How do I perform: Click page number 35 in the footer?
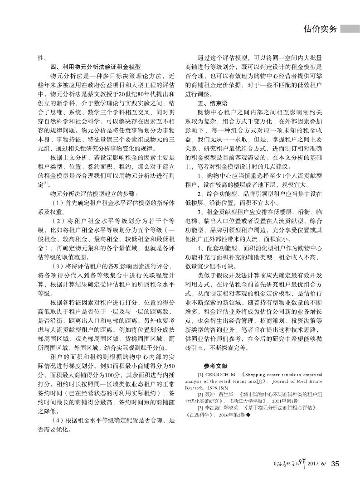pyautogui.click(x=335, y=464)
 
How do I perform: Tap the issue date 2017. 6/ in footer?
pyautogui.click(x=317, y=464)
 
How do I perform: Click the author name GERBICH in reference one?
pyautogui.click(x=220, y=376)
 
